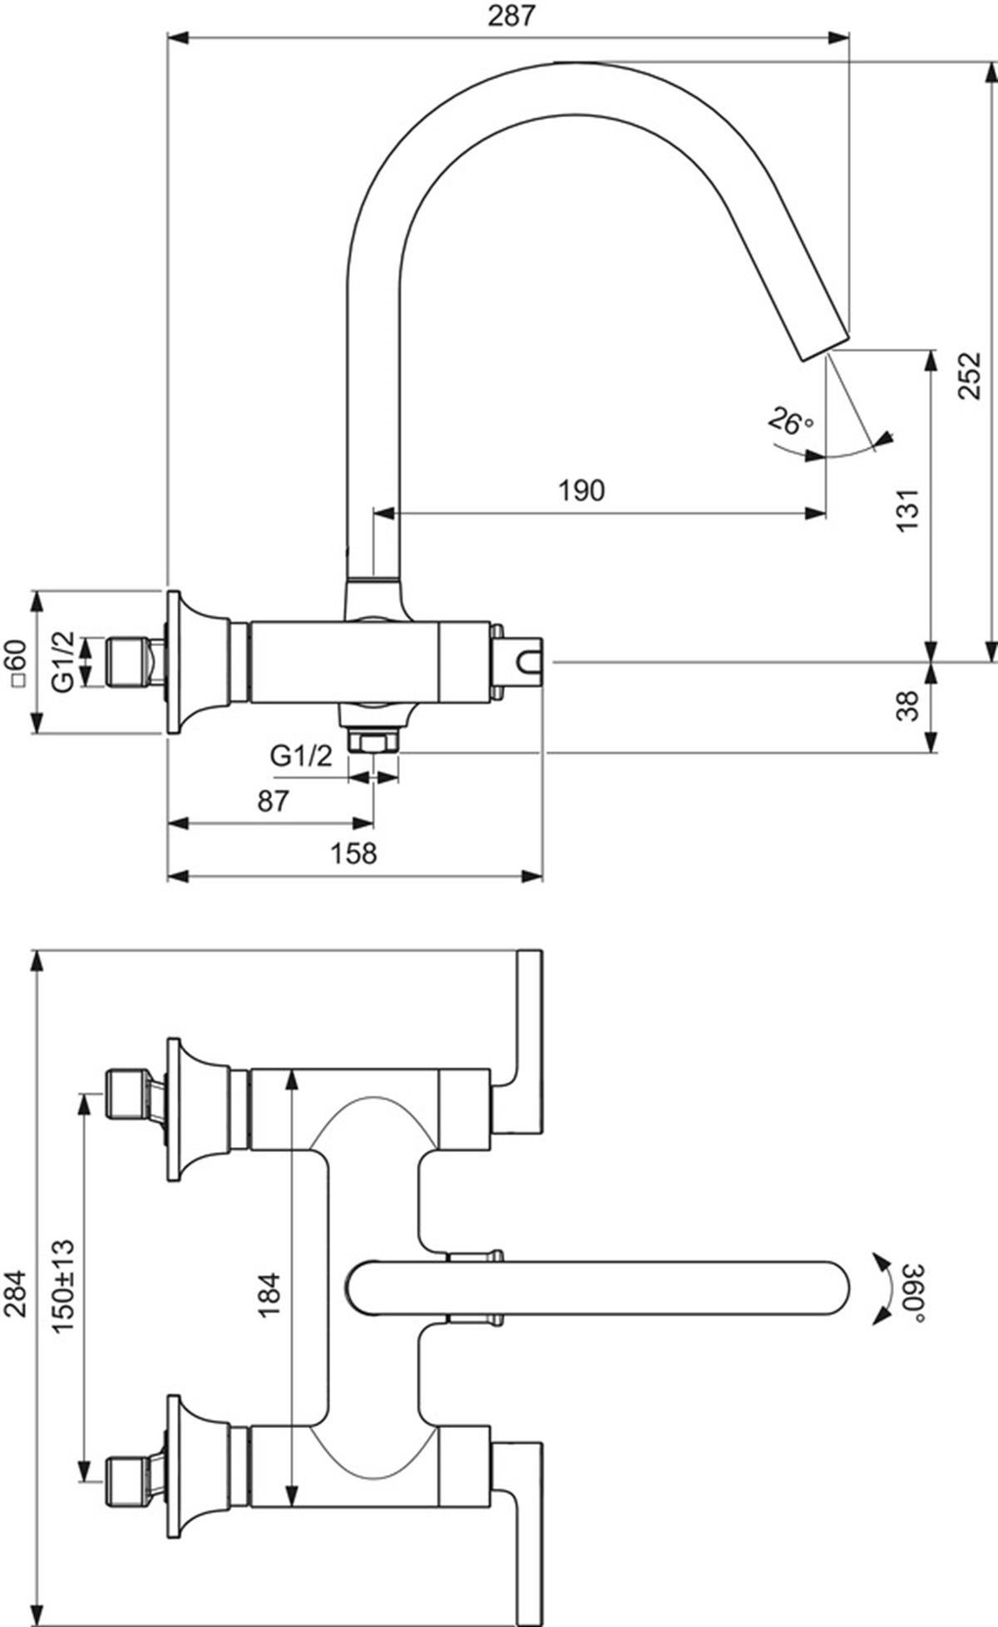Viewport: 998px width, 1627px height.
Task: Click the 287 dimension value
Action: click(x=510, y=17)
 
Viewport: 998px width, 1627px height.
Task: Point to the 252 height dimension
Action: click(x=969, y=376)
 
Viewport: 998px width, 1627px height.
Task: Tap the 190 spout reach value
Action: click(x=581, y=491)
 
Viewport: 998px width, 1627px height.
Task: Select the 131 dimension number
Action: click(x=909, y=510)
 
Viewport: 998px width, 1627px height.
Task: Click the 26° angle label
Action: click(x=790, y=422)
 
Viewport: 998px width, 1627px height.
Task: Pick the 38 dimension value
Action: click(x=909, y=706)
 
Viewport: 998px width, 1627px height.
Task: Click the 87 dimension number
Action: click(x=273, y=801)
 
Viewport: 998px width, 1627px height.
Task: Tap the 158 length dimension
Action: click(x=353, y=853)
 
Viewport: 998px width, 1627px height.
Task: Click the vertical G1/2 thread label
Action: click(x=64, y=662)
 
